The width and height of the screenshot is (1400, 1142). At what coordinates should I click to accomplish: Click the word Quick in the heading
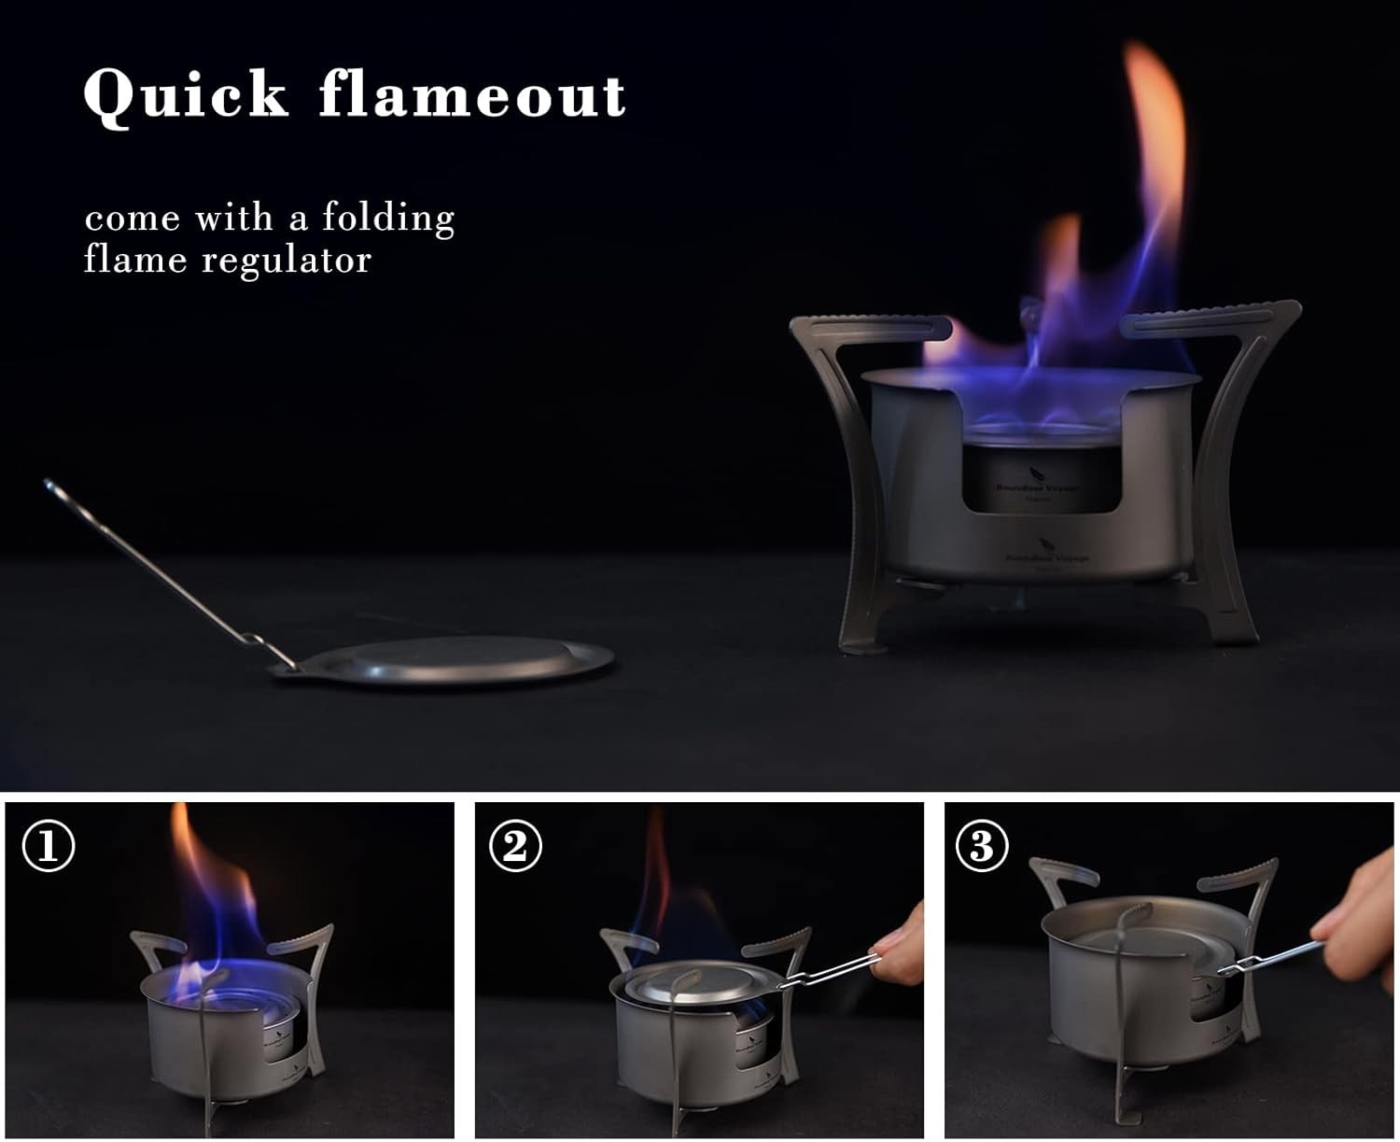tap(186, 95)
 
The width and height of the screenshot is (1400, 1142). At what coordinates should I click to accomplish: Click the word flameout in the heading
tap(472, 95)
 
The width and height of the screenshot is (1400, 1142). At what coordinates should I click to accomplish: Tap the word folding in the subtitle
tap(388, 217)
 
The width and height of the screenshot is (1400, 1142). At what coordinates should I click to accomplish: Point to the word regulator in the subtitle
tap(287, 259)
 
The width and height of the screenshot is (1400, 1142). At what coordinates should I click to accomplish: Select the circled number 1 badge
tap(48, 846)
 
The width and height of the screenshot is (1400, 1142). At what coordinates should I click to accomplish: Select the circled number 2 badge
tap(515, 846)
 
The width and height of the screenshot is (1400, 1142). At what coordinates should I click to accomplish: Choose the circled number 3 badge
tap(982, 846)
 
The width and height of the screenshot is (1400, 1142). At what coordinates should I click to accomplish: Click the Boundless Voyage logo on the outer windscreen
tap(1045, 554)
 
